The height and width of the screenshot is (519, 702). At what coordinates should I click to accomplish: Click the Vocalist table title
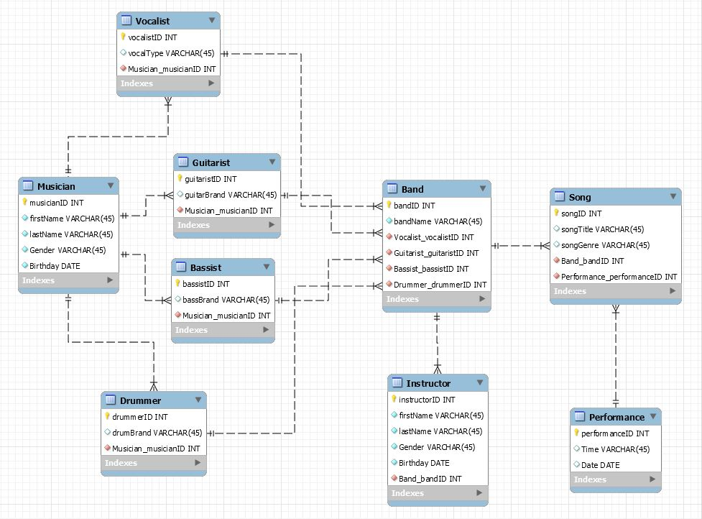tap(152, 21)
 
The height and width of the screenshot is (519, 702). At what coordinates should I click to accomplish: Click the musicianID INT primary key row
tap(56, 203)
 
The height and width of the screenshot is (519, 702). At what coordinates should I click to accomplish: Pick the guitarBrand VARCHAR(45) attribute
tap(230, 195)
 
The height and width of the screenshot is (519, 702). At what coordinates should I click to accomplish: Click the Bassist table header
tap(205, 268)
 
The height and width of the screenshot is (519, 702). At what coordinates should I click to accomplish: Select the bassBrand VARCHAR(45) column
tap(226, 300)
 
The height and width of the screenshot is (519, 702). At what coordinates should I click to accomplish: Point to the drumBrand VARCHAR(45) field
tap(157, 433)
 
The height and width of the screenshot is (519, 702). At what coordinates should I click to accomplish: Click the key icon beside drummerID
tap(108, 416)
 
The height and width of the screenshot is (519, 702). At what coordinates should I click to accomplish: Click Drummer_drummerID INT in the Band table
tap(440, 285)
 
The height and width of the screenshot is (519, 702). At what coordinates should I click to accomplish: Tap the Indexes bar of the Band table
tap(436, 299)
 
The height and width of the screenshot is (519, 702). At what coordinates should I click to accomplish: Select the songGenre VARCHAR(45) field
tap(605, 245)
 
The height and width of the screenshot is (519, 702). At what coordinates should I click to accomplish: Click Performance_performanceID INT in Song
tap(619, 277)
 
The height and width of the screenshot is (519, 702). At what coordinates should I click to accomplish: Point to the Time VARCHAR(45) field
tap(615, 449)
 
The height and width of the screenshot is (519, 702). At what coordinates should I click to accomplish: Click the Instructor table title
tap(428, 384)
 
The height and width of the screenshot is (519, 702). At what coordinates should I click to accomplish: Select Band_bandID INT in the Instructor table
tap(430, 479)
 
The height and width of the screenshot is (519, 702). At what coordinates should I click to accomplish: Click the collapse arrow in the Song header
tap(673, 196)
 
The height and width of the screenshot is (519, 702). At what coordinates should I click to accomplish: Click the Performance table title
tap(616, 417)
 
